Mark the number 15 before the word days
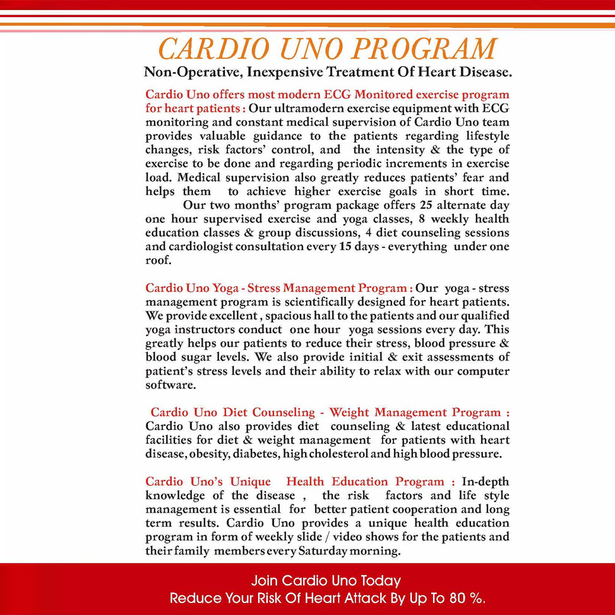point(346,247)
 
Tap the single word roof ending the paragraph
point(158,261)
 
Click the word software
point(170,385)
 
